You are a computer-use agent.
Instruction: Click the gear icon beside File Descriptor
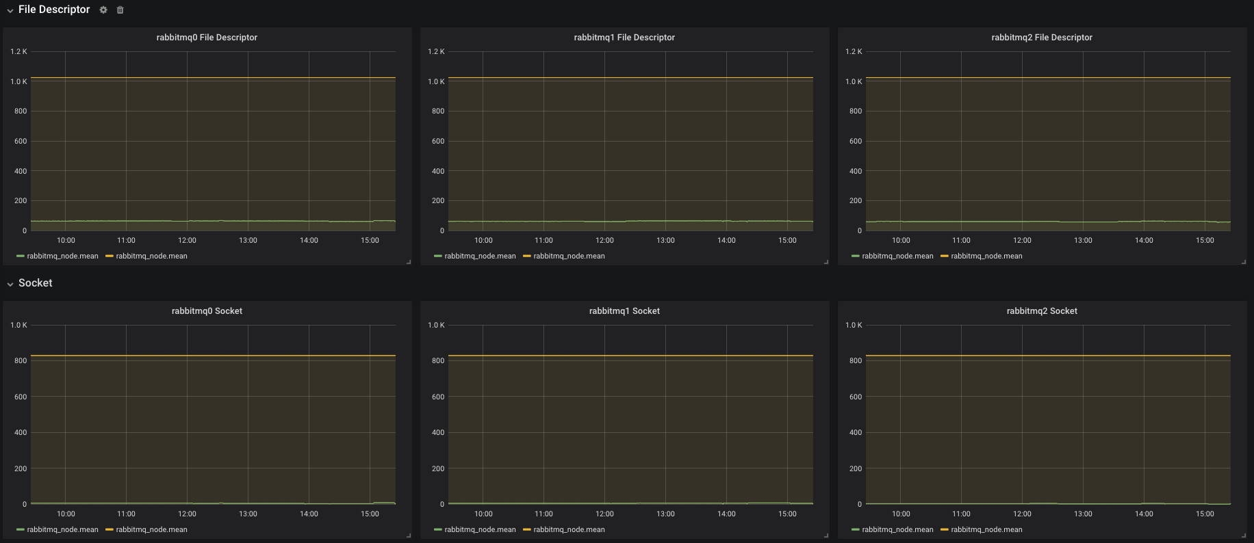pyautogui.click(x=103, y=10)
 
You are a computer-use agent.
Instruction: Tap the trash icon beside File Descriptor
pyautogui.click(x=120, y=10)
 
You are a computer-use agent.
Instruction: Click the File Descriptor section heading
pyautogui.click(x=54, y=10)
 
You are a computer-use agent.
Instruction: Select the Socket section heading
pyautogui.click(x=36, y=283)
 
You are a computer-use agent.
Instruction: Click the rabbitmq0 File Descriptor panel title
pyautogui.click(x=207, y=38)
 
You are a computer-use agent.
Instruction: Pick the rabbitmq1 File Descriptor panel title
pyautogui.click(x=624, y=38)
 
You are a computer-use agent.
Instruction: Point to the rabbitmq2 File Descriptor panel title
pyautogui.click(x=1042, y=38)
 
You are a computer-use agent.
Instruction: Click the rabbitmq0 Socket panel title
pyautogui.click(x=207, y=311)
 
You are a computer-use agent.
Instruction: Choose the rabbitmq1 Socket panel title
pyautogui.click(x=624, y=311)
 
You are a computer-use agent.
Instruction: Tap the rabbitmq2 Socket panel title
pyautogui.click(x=1042, y=311)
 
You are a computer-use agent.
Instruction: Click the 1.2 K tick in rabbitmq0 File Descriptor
pyautogui.click(x=18, y=51)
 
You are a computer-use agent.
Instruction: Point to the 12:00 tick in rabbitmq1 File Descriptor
pyautogui.click(x=604, y=240)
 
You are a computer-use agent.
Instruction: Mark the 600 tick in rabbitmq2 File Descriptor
pyautogui.click(x=856, y=141)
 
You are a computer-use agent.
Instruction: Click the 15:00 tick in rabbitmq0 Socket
pyautogui.click(x=370, y=514)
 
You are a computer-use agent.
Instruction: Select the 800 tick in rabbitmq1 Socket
pyautogui.click(x=438, y=360)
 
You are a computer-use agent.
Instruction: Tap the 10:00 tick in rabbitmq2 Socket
pyautogui.click(x=901, y=514)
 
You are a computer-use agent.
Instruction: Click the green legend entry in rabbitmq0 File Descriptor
pyautogui.click(x=57, y=256)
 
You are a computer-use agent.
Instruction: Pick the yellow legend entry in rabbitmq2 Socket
pyautogui.click(x=982, y=530)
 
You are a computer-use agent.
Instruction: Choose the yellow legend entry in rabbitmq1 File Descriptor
pyautogui.click(x=564, y=256)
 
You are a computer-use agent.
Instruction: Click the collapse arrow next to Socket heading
pyautogui.click(x=10, y=284)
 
